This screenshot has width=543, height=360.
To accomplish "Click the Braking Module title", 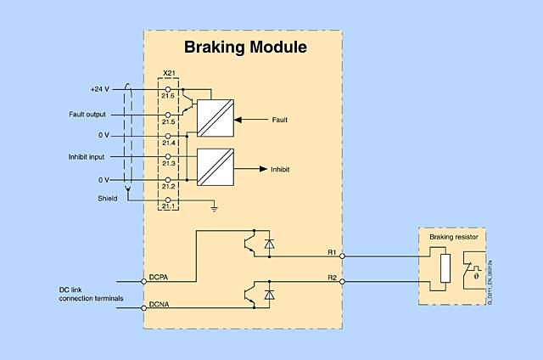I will (244, 48).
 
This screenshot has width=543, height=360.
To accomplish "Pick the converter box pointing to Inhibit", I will (215, 168).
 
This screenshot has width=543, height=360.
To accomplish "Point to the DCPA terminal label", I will (160, 277).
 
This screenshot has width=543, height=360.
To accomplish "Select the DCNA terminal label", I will (160, 304).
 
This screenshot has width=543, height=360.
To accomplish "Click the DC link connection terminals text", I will (87, 294).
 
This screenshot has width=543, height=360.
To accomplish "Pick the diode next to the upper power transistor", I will (270, 244).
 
